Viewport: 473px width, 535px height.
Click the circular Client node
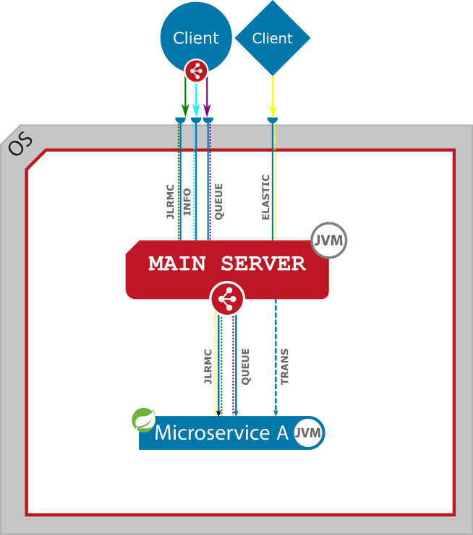(195, 32)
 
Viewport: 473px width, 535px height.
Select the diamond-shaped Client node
(273, 38)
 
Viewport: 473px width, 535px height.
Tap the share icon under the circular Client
(196, 71)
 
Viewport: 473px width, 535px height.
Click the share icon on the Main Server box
(228, 297)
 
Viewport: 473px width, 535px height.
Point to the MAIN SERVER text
(227, 264)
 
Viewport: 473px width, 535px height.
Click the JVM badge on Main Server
(329, 240)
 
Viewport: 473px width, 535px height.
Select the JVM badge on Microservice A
(309, 433)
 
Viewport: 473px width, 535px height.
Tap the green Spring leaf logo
(144, 419)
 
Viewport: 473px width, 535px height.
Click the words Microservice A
(221, 433)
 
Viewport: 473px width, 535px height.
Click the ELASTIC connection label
(265, 197)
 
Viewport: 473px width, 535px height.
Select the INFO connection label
(187, 202)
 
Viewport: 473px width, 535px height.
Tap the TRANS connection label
(284, 366)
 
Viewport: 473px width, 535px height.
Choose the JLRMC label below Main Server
(208, 366)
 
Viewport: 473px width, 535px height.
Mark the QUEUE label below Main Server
(245, 366)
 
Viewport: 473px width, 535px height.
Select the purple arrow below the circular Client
(208, 97)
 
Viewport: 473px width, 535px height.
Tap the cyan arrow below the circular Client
(195, 97)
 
